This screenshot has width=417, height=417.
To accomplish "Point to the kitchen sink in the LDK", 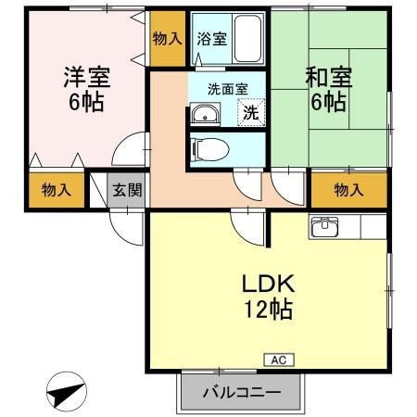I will pos(326,226).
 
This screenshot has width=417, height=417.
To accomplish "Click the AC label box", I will pos(277,358).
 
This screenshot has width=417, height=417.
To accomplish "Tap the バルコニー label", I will pos(242,393).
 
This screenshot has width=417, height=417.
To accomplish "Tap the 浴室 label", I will pos(212,39).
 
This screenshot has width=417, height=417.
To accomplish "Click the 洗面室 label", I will pos(226,90).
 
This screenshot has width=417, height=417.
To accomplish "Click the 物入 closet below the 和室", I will pos(348,190).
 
